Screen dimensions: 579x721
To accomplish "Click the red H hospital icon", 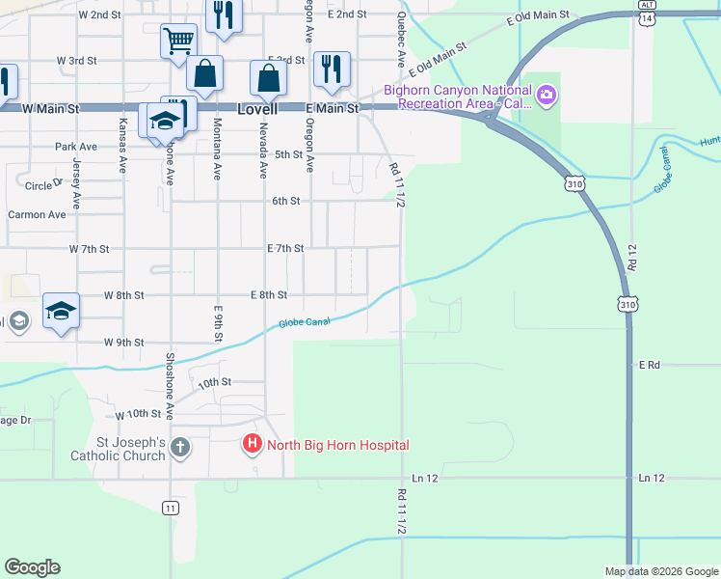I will tap(251, 445).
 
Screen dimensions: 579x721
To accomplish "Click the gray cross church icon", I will tap(180, 448).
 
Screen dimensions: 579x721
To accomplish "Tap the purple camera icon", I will tap(547, 95).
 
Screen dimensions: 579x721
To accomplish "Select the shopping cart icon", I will tap(178, 41).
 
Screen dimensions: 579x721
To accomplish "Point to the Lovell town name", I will tap(258, 109).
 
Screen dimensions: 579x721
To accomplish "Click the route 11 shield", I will tap(171, 508).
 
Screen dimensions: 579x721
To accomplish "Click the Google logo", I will tap(32, 567).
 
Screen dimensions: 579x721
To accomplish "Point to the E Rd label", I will tap(649, 365).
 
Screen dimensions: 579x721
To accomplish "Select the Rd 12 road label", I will tap(631, 256).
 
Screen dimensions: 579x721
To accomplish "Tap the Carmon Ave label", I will tap(37, 214).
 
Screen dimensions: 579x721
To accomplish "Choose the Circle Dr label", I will tap(44, 185).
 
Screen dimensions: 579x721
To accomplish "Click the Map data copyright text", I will tap(660, 571).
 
